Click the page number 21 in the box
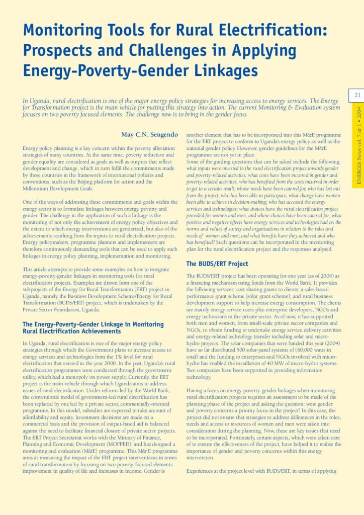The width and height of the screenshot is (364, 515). click(358, 95)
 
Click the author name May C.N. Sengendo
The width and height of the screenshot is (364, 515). click(149, 135)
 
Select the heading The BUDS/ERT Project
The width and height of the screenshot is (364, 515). click(217, 264)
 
